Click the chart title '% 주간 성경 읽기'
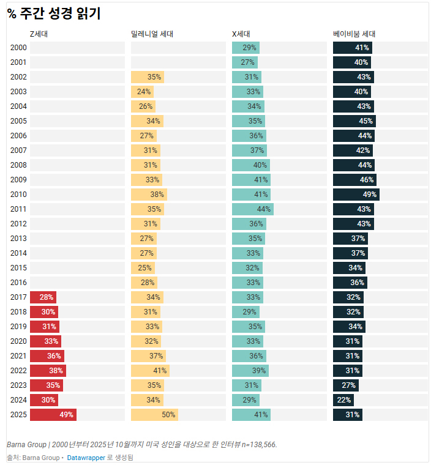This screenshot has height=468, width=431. [x=54, y=13]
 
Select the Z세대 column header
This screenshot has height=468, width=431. [x=39, y=34]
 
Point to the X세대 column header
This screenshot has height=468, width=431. [x=241, y=34]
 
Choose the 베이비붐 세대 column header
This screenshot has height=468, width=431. [x=354, y=34]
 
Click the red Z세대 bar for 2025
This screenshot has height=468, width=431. [x=53, y=415]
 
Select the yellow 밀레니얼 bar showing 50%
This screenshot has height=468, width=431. [x=154, y=415]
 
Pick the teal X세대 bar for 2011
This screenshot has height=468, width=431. [x=252, y=209]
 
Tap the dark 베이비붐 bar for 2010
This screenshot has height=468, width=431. [x=356, y=195]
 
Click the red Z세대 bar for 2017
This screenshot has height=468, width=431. [x=43, y=297]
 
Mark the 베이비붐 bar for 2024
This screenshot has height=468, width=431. [x=343, y=400]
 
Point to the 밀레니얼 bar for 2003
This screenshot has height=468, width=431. [x=142, y=92]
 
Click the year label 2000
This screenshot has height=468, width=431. [x=18, y=48]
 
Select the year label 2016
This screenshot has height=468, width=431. [x=18, y=283]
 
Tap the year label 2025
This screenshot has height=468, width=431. [x=18, y=415]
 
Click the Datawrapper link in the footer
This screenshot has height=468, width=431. [x=86, y=458]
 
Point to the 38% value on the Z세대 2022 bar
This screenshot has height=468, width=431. [x=56, y=371]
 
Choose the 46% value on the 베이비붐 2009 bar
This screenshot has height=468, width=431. [x=367, y=180]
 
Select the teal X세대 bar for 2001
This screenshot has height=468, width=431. [x=244, y=62]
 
